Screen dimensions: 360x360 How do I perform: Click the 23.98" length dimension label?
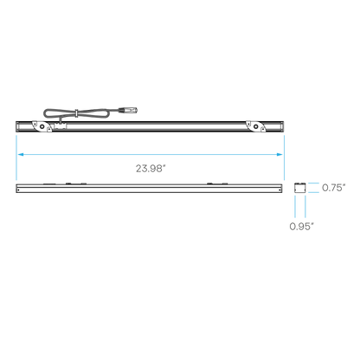[151, 169]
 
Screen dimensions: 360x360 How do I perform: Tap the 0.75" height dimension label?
[333, 188]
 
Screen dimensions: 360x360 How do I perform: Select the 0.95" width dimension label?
[301, 227]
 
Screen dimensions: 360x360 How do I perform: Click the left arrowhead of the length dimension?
[21, 155]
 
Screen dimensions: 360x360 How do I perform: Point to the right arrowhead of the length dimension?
[280, 155]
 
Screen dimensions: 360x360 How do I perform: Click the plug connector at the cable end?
[128, 110]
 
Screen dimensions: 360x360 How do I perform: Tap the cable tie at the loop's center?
[76, 113]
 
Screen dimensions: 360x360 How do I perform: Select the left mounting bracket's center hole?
[42, 126]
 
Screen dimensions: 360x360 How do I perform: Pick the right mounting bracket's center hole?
[255, 126]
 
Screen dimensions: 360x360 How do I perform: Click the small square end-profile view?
[300, 188]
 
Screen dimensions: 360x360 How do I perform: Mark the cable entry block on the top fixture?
[61, 126]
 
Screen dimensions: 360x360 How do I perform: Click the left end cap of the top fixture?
[18, 126]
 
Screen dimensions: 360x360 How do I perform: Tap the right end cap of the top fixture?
[281, 126]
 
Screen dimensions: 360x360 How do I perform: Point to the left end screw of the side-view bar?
[19, 190]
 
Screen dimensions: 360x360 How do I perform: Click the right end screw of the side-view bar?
[280, 190]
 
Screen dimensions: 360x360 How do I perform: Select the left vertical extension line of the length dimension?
[16, 157]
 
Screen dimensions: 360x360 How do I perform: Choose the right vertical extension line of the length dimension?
[284, 157]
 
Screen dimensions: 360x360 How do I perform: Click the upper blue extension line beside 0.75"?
[313, 183]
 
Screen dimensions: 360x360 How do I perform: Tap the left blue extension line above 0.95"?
[295, 207]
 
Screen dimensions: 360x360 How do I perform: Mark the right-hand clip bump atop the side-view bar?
[217, 183]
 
